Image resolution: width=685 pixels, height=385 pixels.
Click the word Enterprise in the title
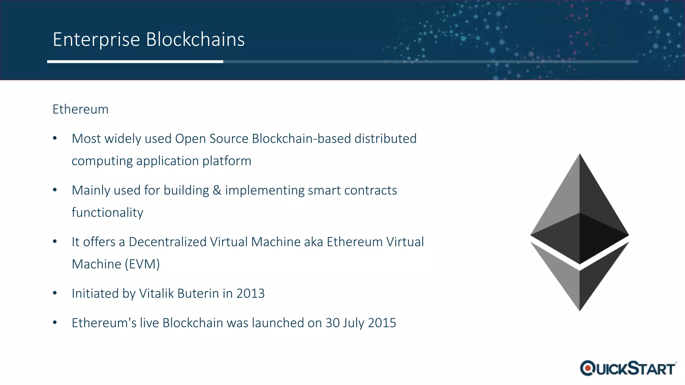(96, 40)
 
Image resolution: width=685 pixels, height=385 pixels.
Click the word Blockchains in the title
(195, 40)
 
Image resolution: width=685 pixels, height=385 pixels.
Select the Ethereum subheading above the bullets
(80, 109)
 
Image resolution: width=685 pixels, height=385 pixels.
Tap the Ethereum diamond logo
(580, 232)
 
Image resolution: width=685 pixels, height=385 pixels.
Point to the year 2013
(251, 293)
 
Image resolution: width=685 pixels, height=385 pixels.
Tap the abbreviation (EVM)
(142, 264)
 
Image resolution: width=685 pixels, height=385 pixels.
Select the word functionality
(107, 213)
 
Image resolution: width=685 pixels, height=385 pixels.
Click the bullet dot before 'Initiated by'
(55, 293)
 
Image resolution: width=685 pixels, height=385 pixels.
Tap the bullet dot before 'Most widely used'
(55, 138)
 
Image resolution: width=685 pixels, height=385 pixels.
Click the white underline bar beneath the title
(135, 61)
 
